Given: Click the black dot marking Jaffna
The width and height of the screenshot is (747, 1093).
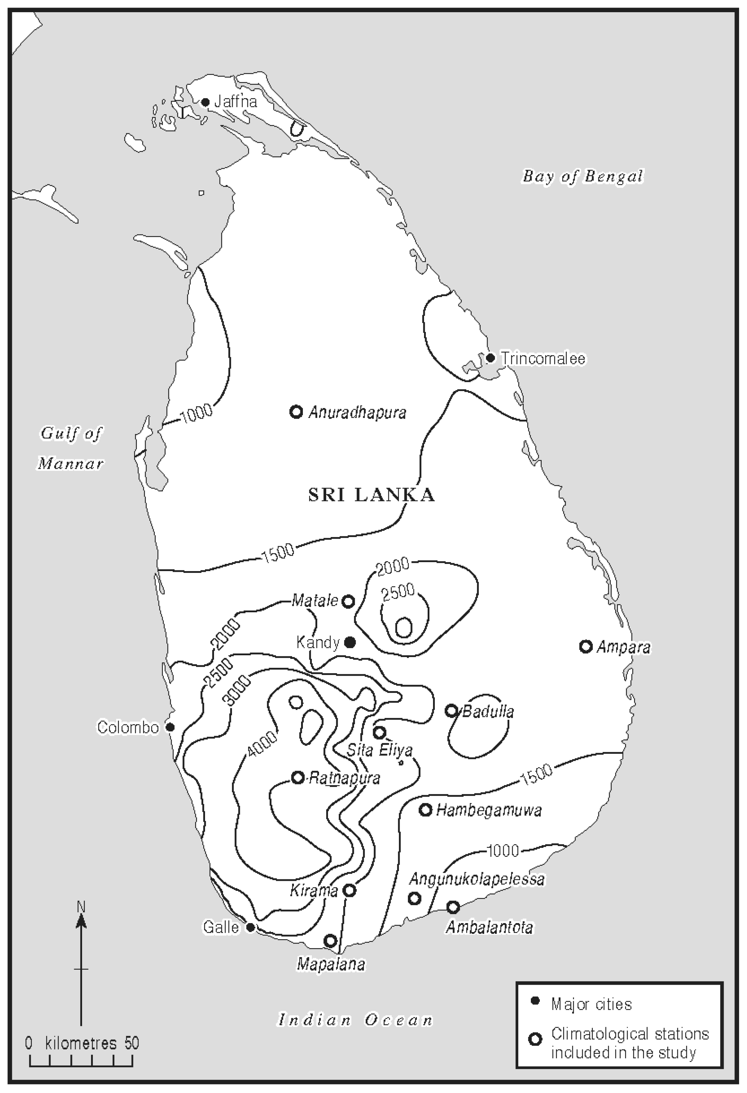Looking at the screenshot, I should click(x=205, y=102).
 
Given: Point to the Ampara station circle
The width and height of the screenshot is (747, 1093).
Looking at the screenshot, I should click(x=585, y=646).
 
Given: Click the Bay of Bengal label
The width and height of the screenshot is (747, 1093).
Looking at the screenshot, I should click(x=582, y=177).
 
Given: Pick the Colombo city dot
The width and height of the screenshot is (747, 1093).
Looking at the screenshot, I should click(x=171, y=727).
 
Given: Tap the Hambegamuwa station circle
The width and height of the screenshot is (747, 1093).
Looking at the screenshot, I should click(x=425, y=810).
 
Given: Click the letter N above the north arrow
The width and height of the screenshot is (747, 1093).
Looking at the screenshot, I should click(x=81, y=906).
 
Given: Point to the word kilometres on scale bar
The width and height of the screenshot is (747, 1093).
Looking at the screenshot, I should click(x=81, y=1043).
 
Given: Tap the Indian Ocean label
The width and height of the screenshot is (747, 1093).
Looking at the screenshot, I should click(x=356, y=1020).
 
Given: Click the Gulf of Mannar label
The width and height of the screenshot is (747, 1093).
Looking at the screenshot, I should click(x=71, y=448).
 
